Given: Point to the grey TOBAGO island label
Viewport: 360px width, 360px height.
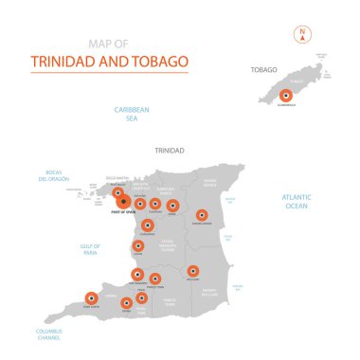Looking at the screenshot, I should [x=264, y=69].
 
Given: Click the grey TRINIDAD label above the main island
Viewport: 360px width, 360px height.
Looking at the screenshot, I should [x=170, y=150].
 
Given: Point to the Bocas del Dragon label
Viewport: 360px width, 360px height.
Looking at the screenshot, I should [x=55, y=175].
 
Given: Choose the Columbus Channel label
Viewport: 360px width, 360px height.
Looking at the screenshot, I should [x=52, y=333].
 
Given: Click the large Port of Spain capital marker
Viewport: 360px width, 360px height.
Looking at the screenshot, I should [x=122, y=201].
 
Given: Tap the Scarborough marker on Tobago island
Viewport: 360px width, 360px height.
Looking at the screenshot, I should [x=285, y=96].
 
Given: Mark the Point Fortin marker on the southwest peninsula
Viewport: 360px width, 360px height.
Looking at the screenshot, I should [x=92, y=297].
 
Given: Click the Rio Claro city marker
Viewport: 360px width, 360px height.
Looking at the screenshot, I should [x=193, y=270].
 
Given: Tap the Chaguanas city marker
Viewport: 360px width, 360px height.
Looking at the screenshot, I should [x=148, y=225].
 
